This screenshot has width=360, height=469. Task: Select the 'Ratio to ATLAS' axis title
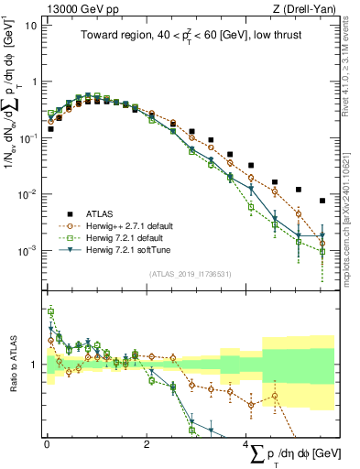[10, 365]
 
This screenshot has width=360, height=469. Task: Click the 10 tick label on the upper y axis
[29, 25]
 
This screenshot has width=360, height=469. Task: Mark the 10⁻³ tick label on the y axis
[27, 250]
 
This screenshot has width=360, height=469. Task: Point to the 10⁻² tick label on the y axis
[27, 194]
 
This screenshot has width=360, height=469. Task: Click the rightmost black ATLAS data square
[322, 201]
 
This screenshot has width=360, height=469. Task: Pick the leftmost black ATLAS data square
[50, 129]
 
